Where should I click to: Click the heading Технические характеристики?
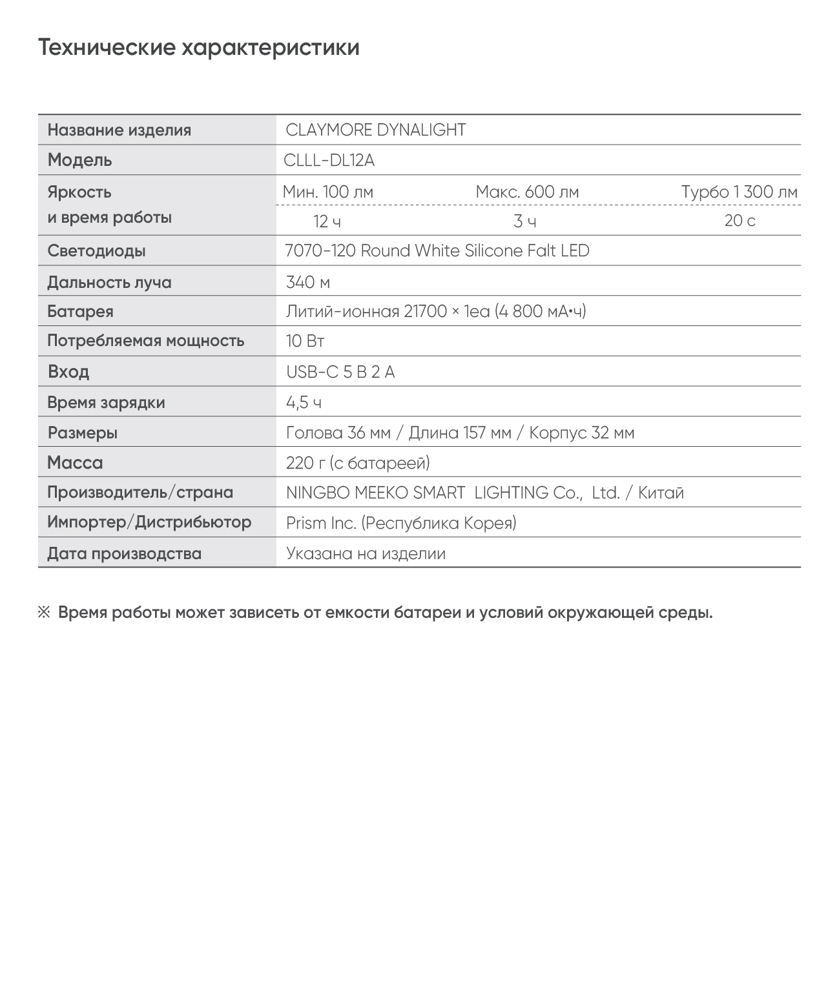pyautogui.click(x=199, y=48)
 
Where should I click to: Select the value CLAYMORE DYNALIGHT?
pyautogui.click(x=375, y=130)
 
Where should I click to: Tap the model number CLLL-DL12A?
pyautogui.click(x=329, y=160)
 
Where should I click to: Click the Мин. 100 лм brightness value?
pyautogui.click(x=327, y=192)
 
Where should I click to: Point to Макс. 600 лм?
pyautogui.click(x=527, y=192)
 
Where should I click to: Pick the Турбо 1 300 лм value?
pyautogui.click(x=739, y=192)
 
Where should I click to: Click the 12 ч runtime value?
pyautogui.click(x=327, y=221)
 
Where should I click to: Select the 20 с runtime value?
pyautogui.click(x=740, y=221)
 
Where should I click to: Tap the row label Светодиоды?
pyautogui.click(x=96, y=250)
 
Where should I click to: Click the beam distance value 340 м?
pyautogui.click(x=308, y=282)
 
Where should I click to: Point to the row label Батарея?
pyautogui.click(x=80, y=312)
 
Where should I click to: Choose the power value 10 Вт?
pyautogui.click(x=305, y=341)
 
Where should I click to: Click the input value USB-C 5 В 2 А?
pyautogui.click(x=340, y=372)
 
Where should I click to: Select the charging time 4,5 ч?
pyautogui.click(x=304, y=403)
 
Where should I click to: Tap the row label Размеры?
pyautogui.click(x=83, y=433)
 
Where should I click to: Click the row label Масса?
pyautogui.click(x=75, y=463)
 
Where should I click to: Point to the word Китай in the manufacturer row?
pyautogui.click(x=661, y=493)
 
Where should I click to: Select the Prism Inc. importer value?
pyautogui.click(x=321, y=523)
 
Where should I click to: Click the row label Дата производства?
pyautogui.click(x=124, y=553)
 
